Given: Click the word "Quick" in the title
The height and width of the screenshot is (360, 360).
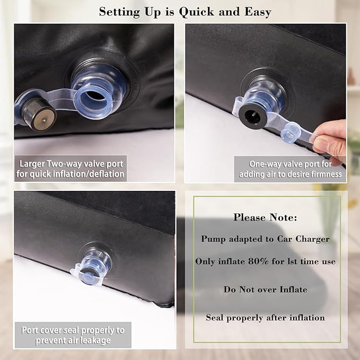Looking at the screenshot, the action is (x=197, y=12).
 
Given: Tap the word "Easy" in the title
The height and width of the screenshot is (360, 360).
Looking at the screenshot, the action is (x=258, y=12).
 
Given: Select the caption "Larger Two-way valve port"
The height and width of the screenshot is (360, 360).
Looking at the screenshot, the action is (x=71, y=164).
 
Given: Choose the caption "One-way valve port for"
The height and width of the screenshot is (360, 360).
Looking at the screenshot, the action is (x=291, y=164).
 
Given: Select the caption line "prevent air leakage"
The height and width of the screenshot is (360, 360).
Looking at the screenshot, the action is (x=73, y=340).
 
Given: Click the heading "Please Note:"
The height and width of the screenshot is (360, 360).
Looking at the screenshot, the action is (x=265, y=217).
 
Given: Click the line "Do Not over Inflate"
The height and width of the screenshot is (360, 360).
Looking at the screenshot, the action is (x=266, y=289).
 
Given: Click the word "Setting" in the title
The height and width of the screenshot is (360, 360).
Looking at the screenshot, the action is (x=119, y=12).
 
